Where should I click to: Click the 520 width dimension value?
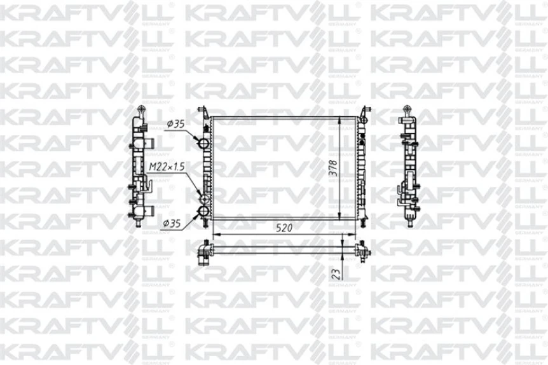(x=285, y=228)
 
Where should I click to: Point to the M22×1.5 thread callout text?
(x=167, y=167)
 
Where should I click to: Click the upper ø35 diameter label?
(x=175, y=124)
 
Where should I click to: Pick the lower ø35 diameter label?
(x=174, y=223)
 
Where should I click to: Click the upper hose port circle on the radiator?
(x=204, y=141)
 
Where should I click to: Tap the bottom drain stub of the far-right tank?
(x=410, y=222)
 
